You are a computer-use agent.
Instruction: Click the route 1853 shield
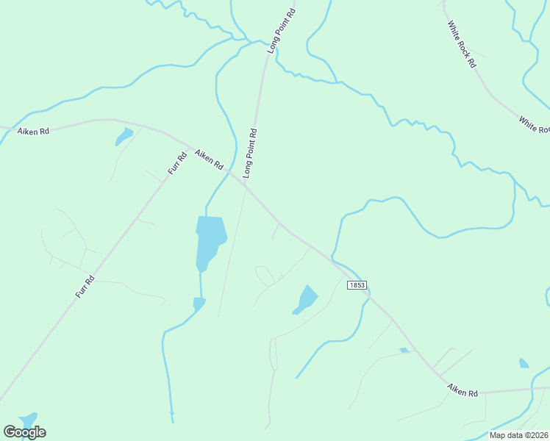(357, 284)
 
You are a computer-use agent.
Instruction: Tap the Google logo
(24, 431)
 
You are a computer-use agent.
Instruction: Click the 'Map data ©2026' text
(519, 435)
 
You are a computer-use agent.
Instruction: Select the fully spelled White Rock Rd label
(463, 45)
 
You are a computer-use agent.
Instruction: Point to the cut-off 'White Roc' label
(535, 125)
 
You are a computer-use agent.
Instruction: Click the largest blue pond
(210, 241)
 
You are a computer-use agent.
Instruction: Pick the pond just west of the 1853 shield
(306, 299)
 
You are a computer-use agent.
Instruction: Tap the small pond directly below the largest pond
(199, 303)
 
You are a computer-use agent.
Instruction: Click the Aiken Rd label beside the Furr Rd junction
(209, 159)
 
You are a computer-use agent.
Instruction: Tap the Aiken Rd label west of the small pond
(35, 131)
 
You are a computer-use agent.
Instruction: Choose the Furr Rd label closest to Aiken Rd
(177, 162)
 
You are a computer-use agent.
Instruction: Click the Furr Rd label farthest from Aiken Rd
(85, 286)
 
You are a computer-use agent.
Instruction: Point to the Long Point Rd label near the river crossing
(282, 31)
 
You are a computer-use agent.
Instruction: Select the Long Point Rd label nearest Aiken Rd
(251, 154)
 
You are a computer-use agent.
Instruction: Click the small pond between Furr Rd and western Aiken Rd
(124, 136)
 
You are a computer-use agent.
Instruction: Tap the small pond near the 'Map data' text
(524, 363)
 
